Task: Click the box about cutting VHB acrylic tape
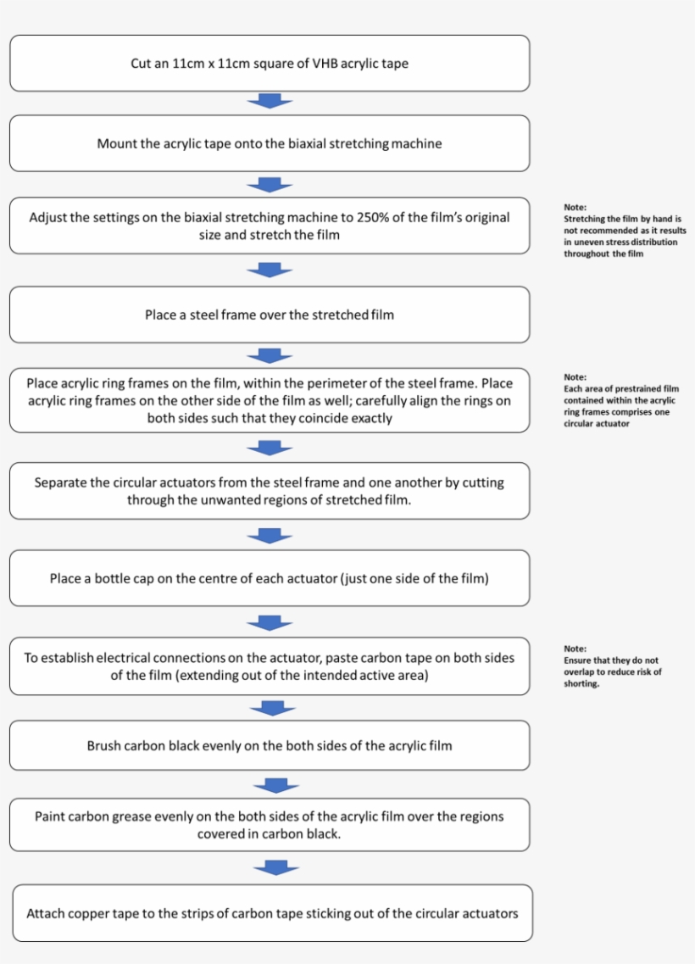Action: point(270,64)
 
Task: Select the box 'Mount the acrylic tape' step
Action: point(270,143)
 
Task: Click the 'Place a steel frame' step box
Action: point(270,315)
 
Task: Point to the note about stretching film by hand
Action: point(625,231)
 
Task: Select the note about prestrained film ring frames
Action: point(621,400)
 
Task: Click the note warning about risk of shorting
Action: point(612,666)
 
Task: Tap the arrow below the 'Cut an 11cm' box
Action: point(270,102)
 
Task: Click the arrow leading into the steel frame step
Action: point(270,270)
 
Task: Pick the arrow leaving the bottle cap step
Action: point(270,623)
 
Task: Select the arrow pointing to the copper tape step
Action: point(276,867)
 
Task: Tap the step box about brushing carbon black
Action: point(270,745)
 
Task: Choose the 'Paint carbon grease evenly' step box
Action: point(270,824)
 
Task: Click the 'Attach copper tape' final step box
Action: point(272,913)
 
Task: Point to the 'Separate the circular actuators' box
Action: point(270,491)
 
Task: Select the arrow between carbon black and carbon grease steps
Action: point(276,785)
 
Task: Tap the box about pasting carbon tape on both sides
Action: point(270,666)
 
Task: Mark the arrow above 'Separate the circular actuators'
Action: point(270,449)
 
